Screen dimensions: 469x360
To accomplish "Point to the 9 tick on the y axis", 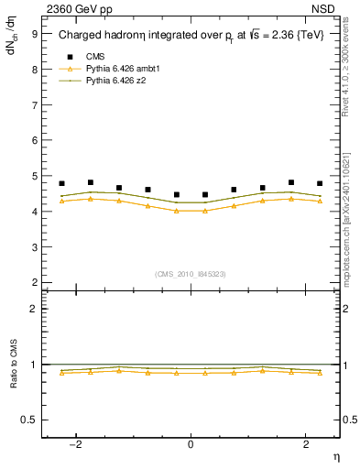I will pyautogui.click(x=34, y=33).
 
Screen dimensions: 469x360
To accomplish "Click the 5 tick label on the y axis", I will pyautogui.click(x=34, y=176).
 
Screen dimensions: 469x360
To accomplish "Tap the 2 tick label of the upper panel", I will pyautogui.click(x=34, y=282).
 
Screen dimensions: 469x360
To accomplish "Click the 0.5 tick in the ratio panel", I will pyautogui.click(x=30, y=420).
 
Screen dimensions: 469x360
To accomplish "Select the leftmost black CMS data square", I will pyautogui.click(x=61, y=183).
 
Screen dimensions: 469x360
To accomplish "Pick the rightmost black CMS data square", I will pyautogui.click(x=320, y=183).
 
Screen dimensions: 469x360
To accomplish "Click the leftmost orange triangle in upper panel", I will pyautogui.click(x=61, y=201).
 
